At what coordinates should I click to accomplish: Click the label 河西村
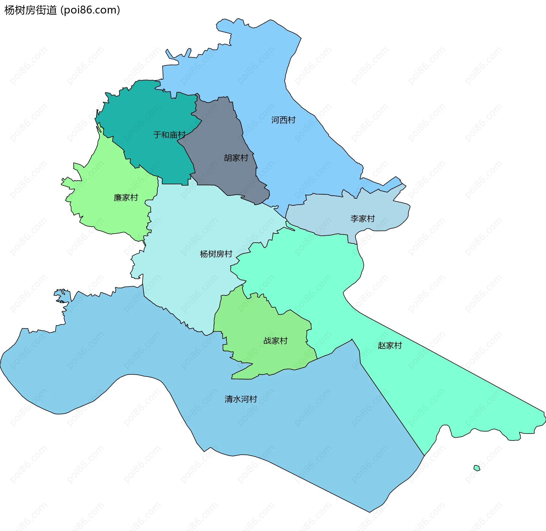pos(283,120)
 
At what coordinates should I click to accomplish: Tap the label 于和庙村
pos(169,135)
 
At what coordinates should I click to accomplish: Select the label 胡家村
pos(236,158)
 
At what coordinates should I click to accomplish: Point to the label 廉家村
pos(126,198)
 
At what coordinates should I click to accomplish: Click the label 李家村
pos(363,219)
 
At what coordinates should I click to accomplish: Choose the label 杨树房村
pos(216,254)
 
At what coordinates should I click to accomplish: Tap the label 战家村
pos(275,341)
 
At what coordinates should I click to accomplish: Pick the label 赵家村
pos(390,346)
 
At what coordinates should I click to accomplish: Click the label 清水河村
pos(241,399)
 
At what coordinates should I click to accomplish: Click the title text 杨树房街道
pos(31,10)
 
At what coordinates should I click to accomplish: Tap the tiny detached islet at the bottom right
pos(477,468)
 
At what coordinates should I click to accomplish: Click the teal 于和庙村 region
pos(148,114)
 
